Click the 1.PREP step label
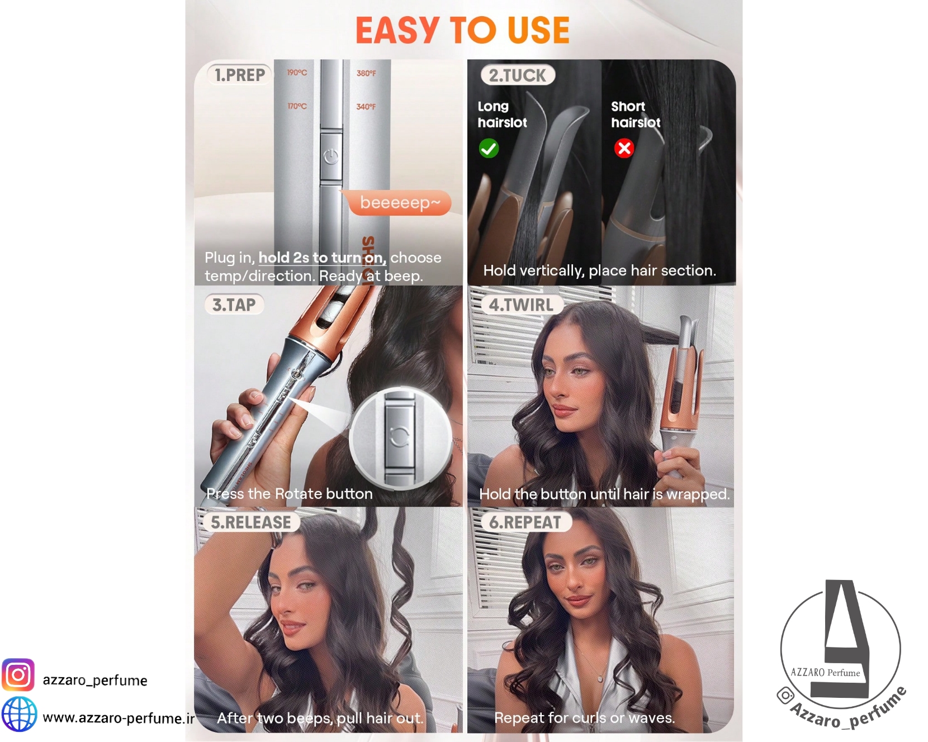[x=240, y=75]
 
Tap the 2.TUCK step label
[x=518, y=75]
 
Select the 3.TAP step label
[x=234, y=305]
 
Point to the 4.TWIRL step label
[x=521, y=305]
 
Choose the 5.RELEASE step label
[x=251, y=522]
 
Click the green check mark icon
[x=489, y=149]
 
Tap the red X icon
[x=624, y=148]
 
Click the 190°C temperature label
[x=297, y=73]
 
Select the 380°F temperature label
[x=366, y=73]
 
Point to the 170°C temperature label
[x=297, y=106]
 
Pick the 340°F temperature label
[x=366, y=107]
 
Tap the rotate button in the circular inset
[x=399, y=436]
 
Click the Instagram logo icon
[x=18, y=675]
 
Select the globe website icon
[x=19, y=714]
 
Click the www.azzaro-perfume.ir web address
[x=119, y=718]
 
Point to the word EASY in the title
[x=397, y=30]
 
